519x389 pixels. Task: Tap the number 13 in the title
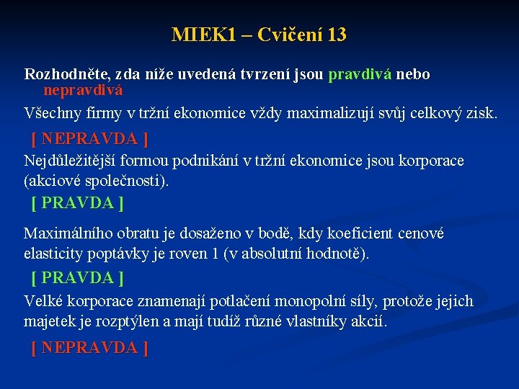[336, 35]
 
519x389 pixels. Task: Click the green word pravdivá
[360, 74]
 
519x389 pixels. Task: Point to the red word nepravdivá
[83, 90]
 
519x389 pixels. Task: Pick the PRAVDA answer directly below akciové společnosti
[77, 203]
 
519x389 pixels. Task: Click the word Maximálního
[70, 233]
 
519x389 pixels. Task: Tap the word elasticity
[54, 254]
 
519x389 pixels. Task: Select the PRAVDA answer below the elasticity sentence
[77, 277]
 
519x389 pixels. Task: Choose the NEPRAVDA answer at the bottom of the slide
[89, 348]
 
